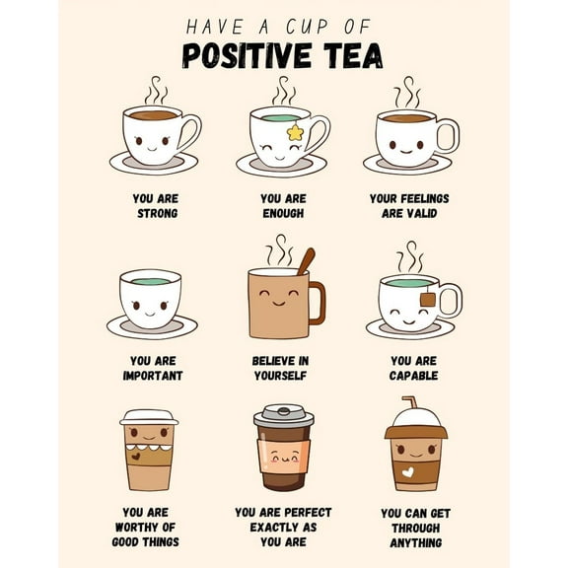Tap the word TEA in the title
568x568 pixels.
[351, 55]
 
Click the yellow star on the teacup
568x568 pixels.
[294, 131]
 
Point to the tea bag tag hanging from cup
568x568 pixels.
[427, 299]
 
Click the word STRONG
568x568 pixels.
[156, 213]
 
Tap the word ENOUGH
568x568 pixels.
[283, 213]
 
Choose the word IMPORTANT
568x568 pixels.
[152, 376]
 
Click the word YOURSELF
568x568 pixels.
[280, 376]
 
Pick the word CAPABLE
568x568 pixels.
[413, 376]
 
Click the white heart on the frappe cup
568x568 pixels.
[407, 471]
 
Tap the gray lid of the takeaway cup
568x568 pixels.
[283, 416]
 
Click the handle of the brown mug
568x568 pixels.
[318, 303]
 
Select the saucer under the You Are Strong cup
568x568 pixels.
[153, 164]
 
